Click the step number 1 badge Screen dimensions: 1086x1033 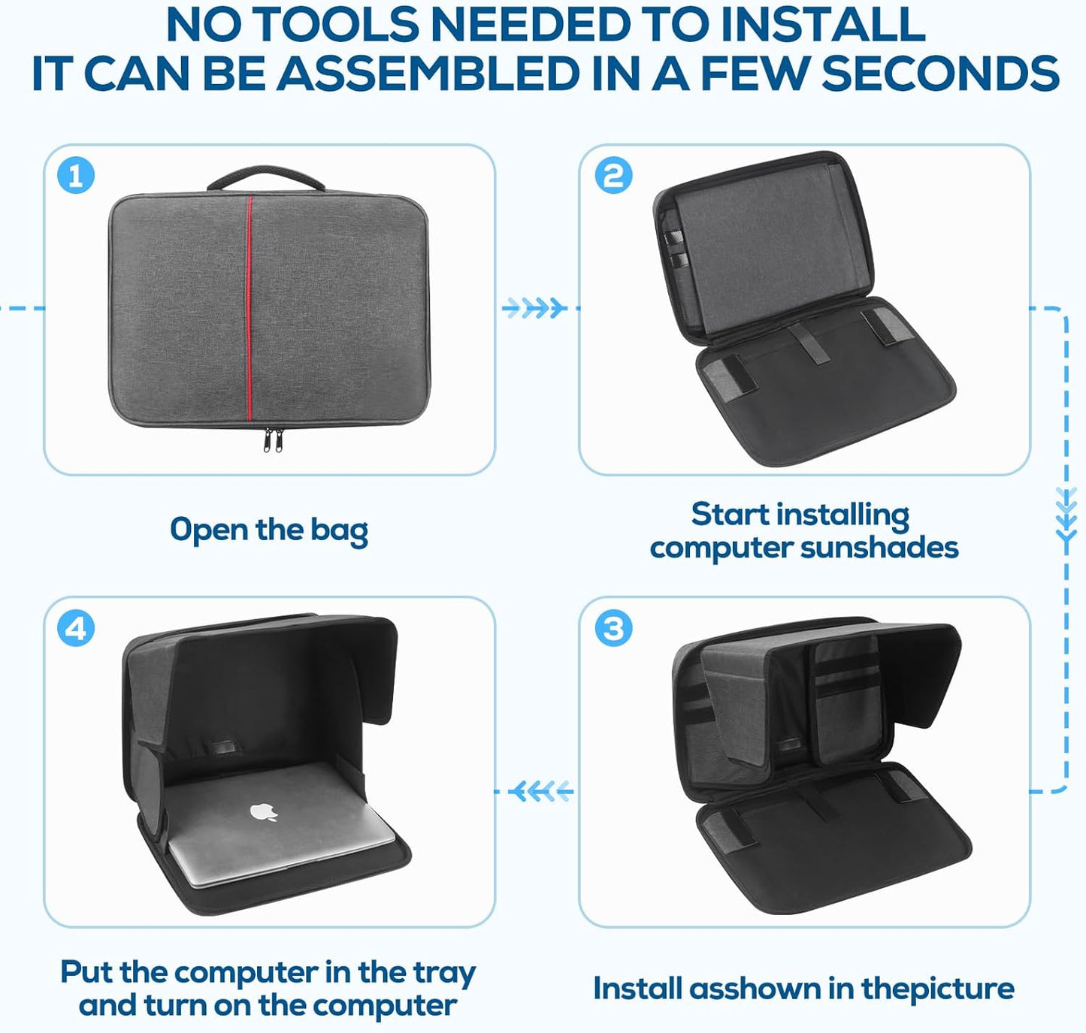tap(76, 176)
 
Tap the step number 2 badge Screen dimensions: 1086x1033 tap(613, 176)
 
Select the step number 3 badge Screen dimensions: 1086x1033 tap(613, 628)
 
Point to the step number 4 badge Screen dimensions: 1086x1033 tap(76, 628)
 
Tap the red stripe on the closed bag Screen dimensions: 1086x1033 tap(249, 307)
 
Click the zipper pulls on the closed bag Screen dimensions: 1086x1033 tap(273, 439)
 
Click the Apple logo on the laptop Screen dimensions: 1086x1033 tap(264, 811)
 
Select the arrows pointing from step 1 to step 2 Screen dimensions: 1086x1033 tap(534, 308)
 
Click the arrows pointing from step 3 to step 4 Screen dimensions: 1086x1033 tap(540, 791)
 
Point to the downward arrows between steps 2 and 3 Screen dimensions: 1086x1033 tap(1066, 515)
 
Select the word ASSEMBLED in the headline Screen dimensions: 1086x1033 tap(428, 73)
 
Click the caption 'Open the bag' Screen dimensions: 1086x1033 tap(269, 530)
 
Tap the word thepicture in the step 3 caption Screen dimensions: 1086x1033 tap(938, 988)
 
